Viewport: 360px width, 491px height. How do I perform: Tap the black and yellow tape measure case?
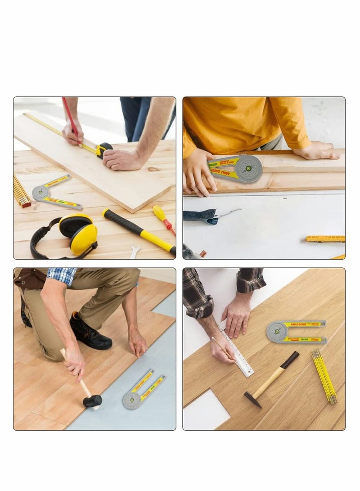click(x=104, y=149)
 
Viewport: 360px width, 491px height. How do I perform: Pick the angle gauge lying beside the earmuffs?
click(x=53, y=193)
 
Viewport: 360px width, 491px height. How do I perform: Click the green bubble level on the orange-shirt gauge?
click(x=248, y=168)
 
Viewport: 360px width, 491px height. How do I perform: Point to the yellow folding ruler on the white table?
click(x=325, y=239)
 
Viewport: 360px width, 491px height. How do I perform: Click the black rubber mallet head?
click(x=92, y=401)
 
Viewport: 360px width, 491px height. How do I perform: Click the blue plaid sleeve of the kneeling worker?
click(x=62, y=275)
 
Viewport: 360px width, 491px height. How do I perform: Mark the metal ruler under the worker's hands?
click(x=237, y=351)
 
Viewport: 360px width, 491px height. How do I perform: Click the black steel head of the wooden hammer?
click(x=253, y=399)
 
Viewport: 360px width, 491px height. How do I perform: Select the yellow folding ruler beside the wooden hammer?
click(x=324, y=376)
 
